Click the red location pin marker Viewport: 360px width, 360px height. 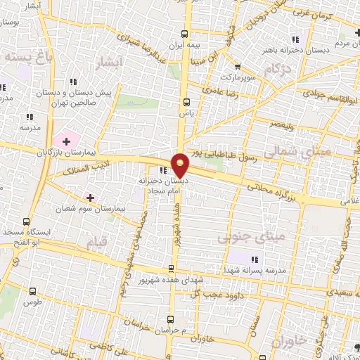(x=181, y=165)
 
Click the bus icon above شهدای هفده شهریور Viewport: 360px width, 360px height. (x=172, y=269)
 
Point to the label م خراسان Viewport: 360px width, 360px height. (x=174, y=330)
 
